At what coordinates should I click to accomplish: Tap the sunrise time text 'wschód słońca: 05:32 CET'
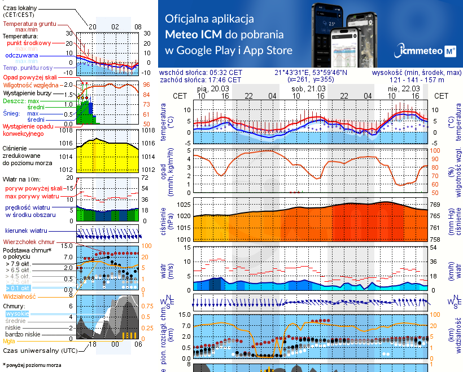point(200,73)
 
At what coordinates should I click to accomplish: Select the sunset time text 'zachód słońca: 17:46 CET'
point(200,80)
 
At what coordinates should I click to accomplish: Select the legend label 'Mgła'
point(10,341)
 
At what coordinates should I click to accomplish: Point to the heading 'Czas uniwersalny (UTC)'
point(37,351)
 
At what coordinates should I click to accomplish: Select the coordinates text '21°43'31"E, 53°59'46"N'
point(311,73)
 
